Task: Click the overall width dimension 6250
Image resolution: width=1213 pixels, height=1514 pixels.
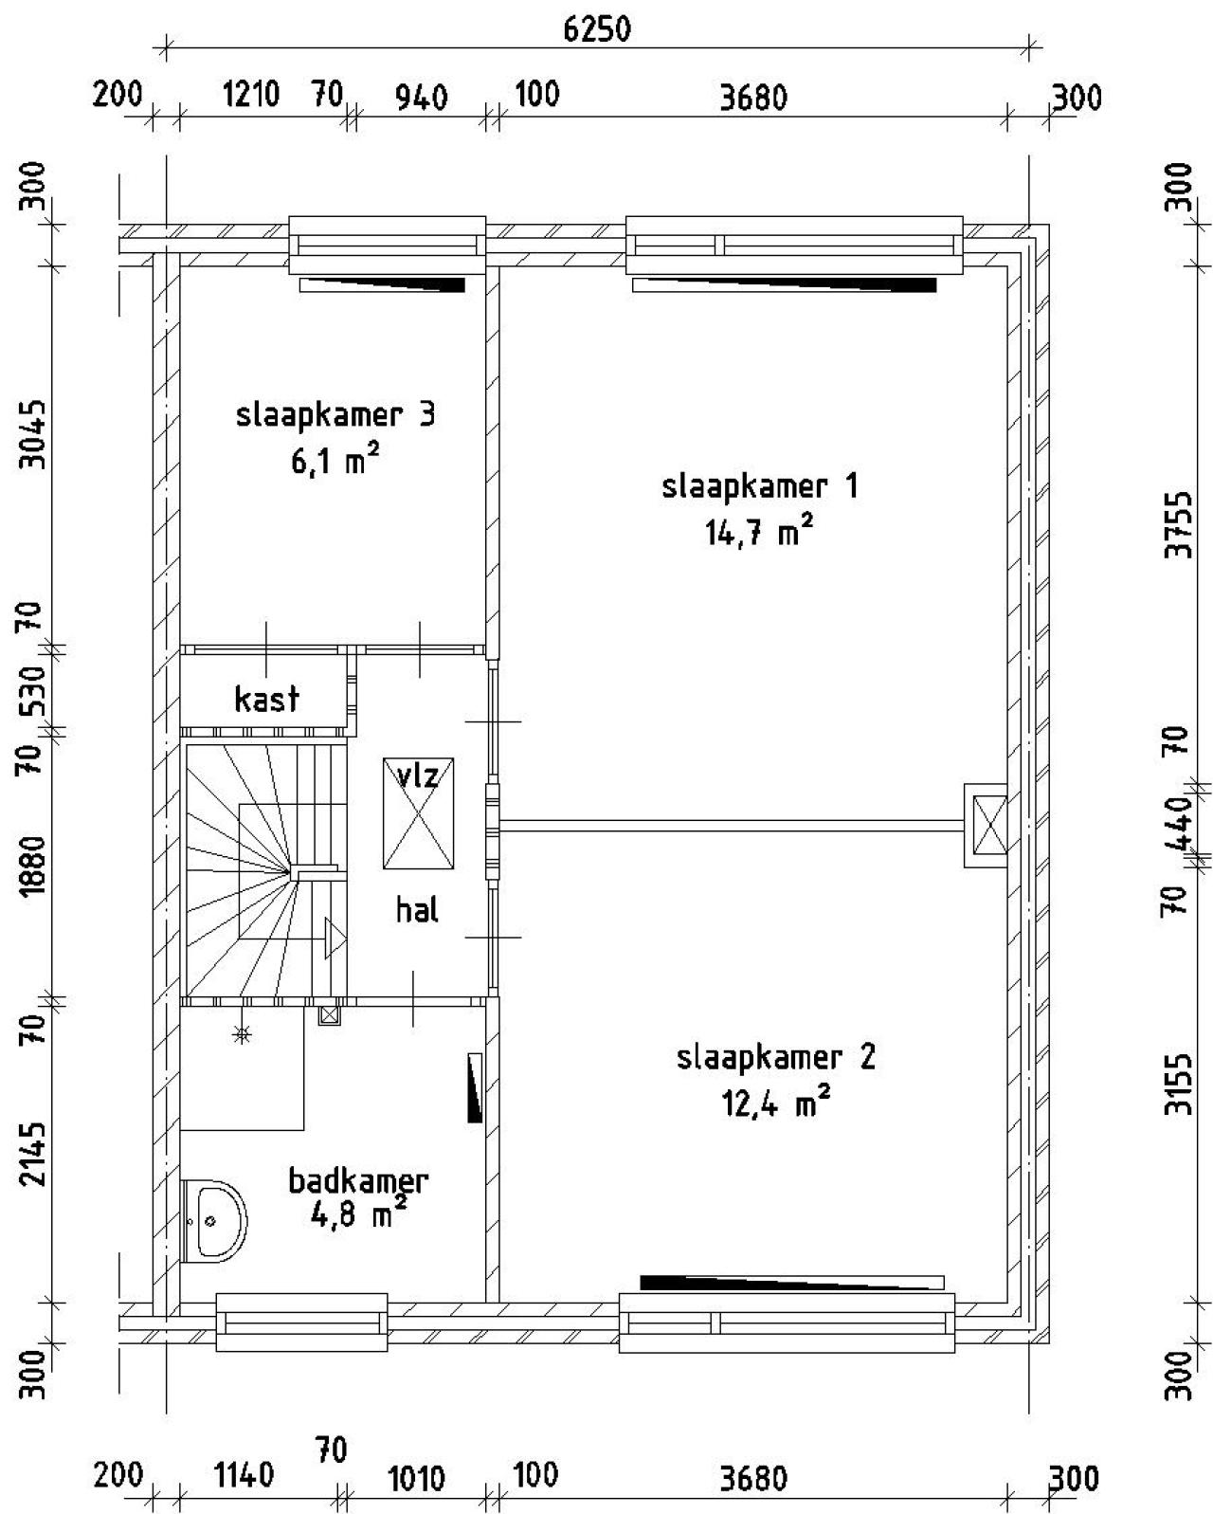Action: click(x=596, y=29)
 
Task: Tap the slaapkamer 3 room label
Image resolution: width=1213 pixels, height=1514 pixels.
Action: click(x=335, y=415)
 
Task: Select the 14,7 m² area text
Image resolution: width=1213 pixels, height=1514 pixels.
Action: click(x=759, y=531)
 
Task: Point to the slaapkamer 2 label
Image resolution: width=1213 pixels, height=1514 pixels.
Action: click(x=775, y=1057)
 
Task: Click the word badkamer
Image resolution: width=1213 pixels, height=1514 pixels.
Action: click(x=358, y=1180)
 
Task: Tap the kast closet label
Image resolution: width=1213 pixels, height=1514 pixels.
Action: click(x=266, y=700)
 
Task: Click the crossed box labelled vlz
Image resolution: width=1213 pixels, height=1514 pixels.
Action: click(x=419, y=812)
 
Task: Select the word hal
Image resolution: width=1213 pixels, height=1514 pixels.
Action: click(x=417, y=910)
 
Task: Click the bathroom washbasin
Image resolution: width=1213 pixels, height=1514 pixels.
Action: click(x=214, y=1221)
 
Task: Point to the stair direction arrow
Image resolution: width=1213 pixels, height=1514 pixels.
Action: click(x=335, y=938)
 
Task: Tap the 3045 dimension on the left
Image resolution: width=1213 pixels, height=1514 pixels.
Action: click(x=32, y=434)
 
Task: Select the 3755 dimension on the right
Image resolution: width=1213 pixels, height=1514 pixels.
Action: click(x=1179, y=524)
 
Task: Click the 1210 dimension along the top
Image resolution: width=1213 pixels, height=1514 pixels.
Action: click(x=251, y=94)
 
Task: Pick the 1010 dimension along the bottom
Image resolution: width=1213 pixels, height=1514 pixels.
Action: click(x=416, y=1480)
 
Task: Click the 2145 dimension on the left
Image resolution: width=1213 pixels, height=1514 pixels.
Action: click(x=32, y=1155)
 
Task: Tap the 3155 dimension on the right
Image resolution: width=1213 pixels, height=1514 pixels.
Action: click(x=1179, y=1085)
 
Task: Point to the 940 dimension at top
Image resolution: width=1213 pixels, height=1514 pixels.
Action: click(x=422, y=98)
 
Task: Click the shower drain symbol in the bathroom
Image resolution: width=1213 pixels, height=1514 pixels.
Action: click(x=243, y=1034)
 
